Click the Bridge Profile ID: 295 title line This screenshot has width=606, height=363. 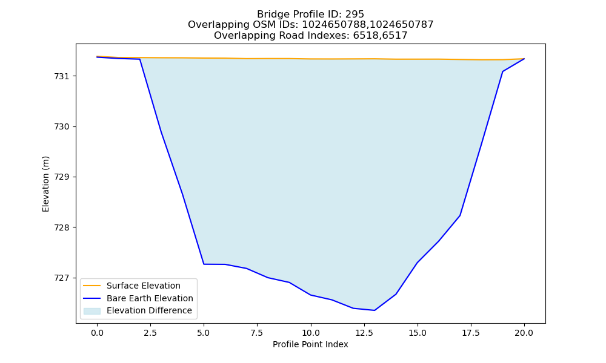click(310, 15)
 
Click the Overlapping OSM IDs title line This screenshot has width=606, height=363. click(310, 25)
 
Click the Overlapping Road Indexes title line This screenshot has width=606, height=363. click(310, 36)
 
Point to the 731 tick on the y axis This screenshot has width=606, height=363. click(61, 76)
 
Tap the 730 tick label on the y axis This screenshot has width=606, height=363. click(61, 127)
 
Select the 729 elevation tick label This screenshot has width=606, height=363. click(61, 177)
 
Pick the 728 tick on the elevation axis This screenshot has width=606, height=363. click(61, 227)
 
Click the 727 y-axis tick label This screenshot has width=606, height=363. click(61, 278)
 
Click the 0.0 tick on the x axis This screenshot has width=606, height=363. click(97, 333)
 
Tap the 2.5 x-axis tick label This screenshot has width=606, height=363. click(150, 333)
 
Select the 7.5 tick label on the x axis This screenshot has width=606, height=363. click(258, 333)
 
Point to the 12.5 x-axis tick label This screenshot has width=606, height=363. click(364, 333)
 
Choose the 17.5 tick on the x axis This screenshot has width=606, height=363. click(471, 333)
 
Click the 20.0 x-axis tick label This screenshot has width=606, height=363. click(524, 333)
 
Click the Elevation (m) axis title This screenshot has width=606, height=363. click(45, 184)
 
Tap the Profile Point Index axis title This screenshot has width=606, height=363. click(310, 344)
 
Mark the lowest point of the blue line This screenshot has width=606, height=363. click(374, 310)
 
